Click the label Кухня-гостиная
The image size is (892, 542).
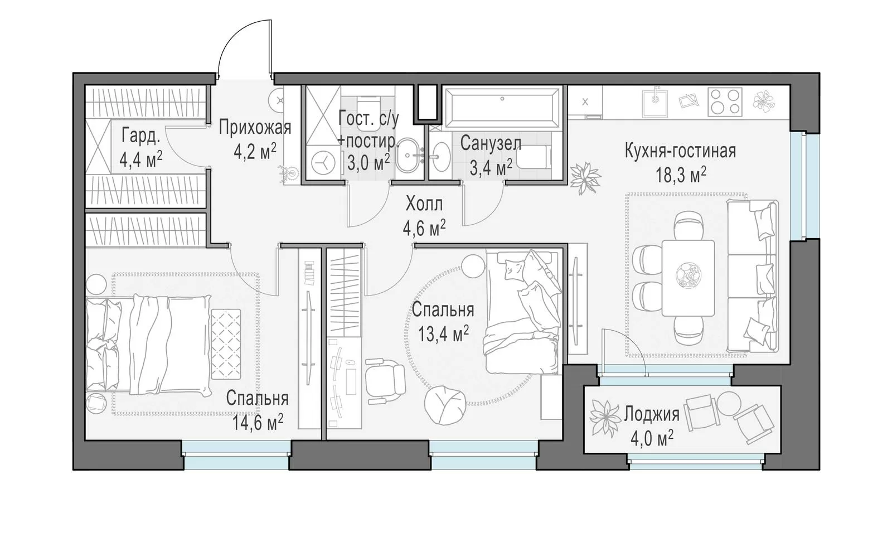(680, 151)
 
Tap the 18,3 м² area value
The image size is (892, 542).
(681, 175)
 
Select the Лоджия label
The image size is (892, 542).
(652, 414)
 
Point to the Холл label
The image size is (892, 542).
(424, 204)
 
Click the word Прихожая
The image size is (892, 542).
(255, 128)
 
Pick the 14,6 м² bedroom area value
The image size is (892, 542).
(258, 422)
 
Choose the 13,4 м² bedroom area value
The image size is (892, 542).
(443, 333)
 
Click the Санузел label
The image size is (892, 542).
(491, 143)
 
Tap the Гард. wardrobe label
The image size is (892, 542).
(141, 135)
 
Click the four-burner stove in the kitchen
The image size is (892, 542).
(725, 103)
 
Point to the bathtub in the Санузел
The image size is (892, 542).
(502, 105)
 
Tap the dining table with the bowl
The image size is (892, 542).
(689, 278)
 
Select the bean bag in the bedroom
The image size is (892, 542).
(445, 406)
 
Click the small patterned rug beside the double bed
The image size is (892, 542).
(226, 344)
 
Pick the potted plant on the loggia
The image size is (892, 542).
(605, 419)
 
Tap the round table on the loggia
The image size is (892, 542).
(730, 404)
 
